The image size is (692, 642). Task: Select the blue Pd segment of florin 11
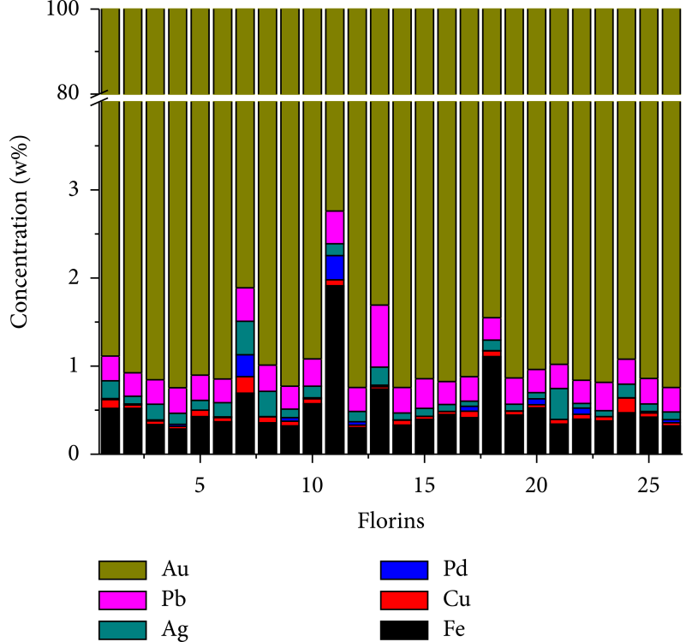click(x=334, y=267)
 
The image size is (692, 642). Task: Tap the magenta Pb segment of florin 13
click(x=379, y=336)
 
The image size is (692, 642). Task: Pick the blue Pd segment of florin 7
click(x=245, y=366)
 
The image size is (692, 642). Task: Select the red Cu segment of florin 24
click(x=626, y=405)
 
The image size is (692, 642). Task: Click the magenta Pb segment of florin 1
click(x=110, y=368)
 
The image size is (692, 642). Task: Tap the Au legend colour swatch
click(x=126, y=568)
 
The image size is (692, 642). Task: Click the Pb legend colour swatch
click(x=126, y=598)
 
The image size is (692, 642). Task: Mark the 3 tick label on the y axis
click(x=84, y=189)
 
